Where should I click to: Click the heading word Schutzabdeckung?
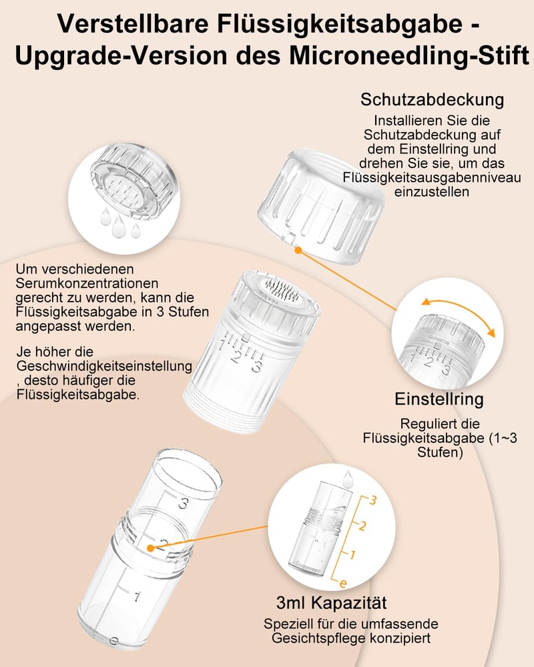tap(433, 99)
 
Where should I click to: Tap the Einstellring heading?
tap(439, 399)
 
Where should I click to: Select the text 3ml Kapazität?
tap(331, 603)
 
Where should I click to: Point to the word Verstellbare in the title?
tap(133, 23)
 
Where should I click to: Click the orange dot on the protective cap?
tap(298, 251)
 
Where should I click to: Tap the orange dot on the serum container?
tap(150, 548)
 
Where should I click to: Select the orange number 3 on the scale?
tap(372, 500)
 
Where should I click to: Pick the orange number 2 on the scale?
tap(362, 526)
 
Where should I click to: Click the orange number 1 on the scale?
tap(352, 555)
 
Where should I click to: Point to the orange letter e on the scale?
tap(343, 584)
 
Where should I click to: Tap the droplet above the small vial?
tap(348, 478)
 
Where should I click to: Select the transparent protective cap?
tap(321, 206)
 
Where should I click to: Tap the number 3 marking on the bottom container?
tap(183, 503)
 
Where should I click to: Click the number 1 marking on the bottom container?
tap(136, 597)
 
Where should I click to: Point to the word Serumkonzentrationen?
tap(87, 283)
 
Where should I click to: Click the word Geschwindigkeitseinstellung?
tap(104, 366)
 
